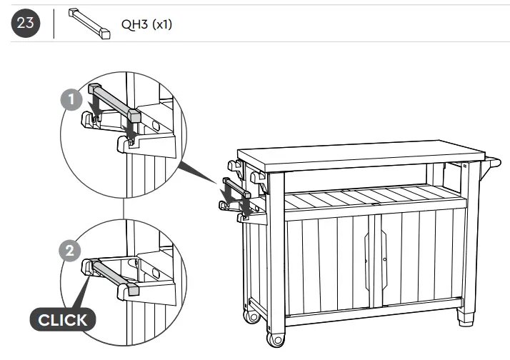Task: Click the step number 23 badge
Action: [26, 24]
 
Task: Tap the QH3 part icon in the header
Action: [89, 23]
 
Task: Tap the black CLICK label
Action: [62, 319]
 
